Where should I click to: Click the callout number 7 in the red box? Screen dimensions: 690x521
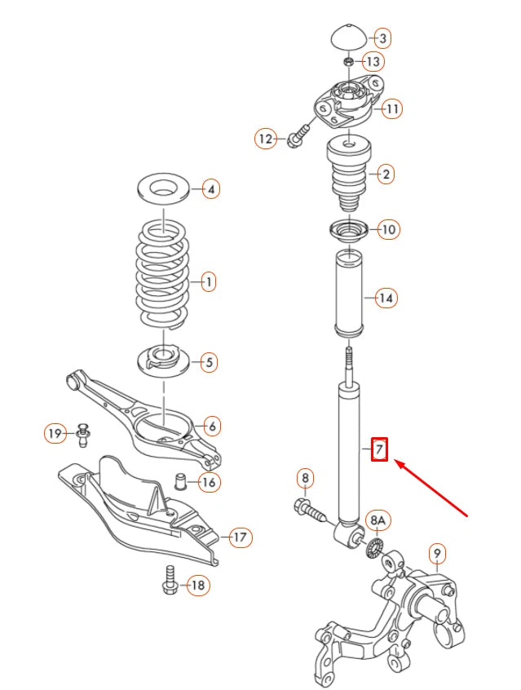point(379,449)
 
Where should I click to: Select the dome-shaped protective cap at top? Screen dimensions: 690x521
point(350,38)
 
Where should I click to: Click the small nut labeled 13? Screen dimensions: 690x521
point(349,61)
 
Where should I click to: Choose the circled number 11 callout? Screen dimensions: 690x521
point(392,108)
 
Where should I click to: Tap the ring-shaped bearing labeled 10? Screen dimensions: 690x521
point(348,231)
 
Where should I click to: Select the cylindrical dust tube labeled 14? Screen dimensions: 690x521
point(350,299)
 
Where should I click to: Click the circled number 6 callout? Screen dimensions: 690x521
point(210,425)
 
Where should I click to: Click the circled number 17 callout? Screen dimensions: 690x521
point(240,537)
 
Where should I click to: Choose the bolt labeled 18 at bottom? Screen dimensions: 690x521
point(170,578)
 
